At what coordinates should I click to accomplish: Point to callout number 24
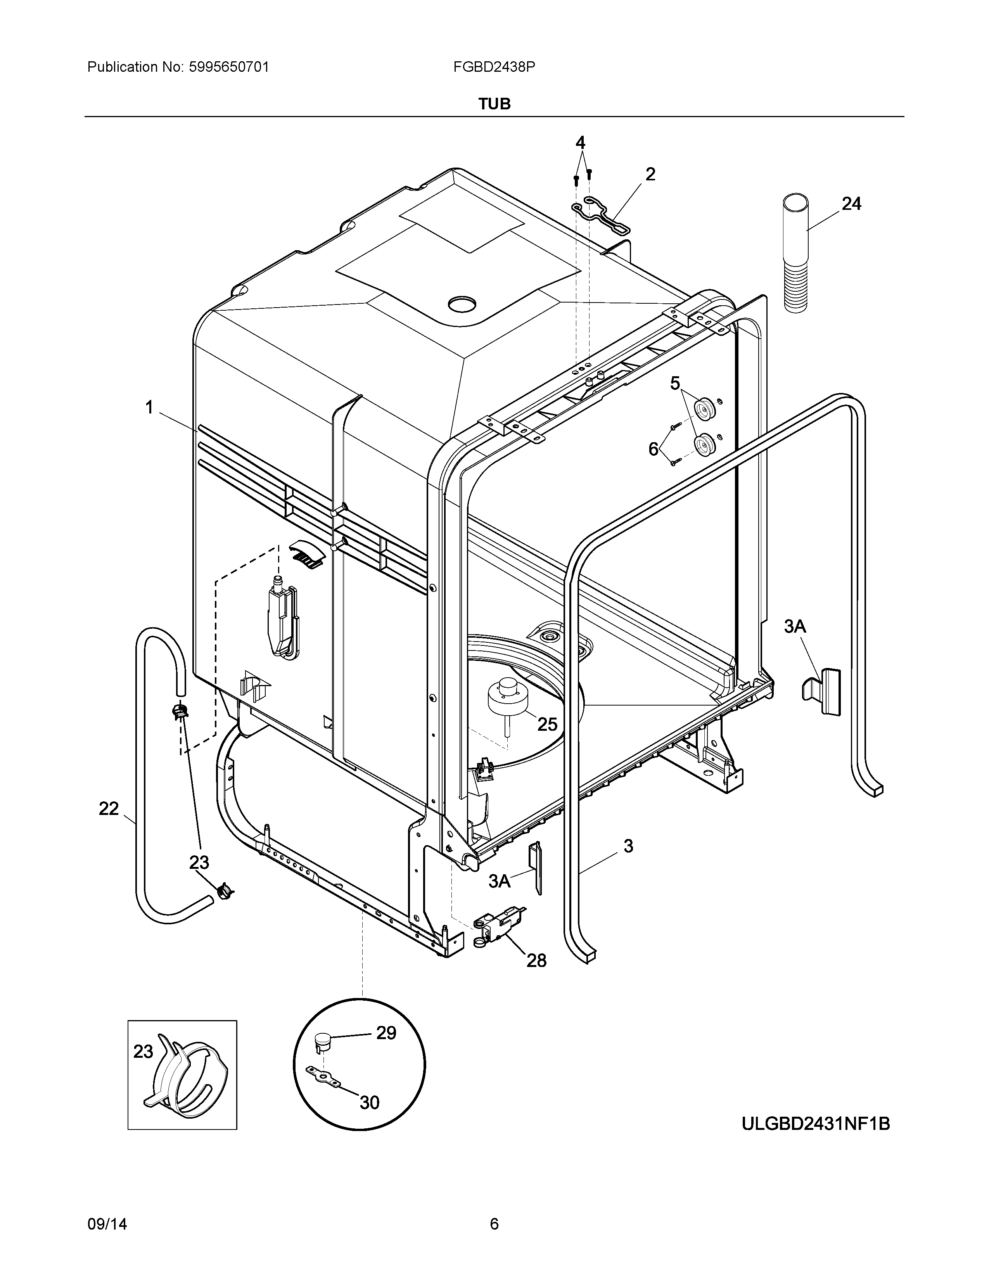(851, 204)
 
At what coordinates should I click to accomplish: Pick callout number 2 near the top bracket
(650, 174)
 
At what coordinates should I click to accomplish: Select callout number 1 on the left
(149, 407)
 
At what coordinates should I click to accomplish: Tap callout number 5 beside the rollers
(675, 384)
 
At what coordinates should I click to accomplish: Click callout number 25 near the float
(547, 725)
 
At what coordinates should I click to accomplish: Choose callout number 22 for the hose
(109, 810)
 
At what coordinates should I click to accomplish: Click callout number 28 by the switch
(536, 960)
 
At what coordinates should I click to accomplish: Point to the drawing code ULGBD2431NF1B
(816, 1124)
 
